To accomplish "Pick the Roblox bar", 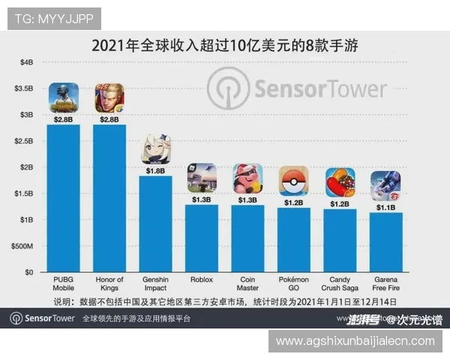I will pos(202,238).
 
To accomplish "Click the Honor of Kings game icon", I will pos(109,98).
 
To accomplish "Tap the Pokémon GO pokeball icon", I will pos(293,181).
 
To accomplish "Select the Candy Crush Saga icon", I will pos(340,182).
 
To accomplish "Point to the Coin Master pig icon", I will pos(247,179).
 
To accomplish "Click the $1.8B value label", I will pos(156,170).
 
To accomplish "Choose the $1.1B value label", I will pos(385,208).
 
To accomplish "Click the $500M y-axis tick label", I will pos(22,246).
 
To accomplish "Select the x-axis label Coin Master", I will pos(247,283).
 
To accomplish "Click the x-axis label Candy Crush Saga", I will pos(340,283).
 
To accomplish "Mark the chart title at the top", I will pos(224,45).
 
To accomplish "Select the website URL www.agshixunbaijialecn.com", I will pos(355,340).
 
